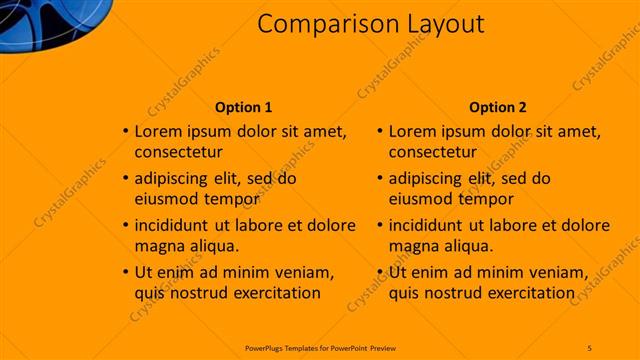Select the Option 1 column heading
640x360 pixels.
click(x=243, y=107)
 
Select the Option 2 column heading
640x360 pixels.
click(x=497, y=107)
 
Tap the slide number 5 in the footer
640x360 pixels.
click(x=589, y=347)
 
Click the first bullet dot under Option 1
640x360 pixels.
click(x=125, y=131)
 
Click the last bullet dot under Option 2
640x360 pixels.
click(x=379, y=272)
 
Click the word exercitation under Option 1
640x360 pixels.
click(x=276, y=293)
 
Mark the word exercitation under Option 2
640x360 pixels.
click(x=530, y=293)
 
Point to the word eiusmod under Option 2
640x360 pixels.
click(x=419, y=200)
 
